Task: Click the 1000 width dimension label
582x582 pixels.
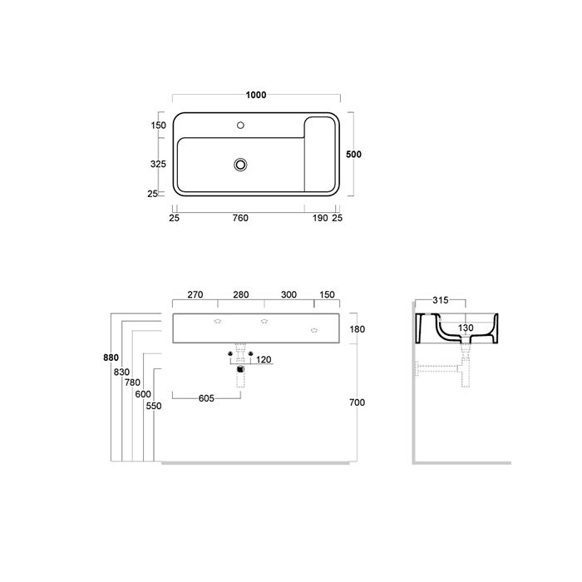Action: point(256,96)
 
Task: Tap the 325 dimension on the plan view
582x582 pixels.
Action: point(158,165)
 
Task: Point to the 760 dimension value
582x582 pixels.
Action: point(239,219)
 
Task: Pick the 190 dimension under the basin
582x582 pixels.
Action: point(319,219)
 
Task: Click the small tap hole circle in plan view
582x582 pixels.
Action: point(240,126)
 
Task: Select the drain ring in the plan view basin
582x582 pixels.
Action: point(240,165)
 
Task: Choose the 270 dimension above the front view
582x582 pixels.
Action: point(195,294)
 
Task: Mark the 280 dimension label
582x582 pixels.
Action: point(241,294)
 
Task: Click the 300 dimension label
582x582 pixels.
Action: point(289,294)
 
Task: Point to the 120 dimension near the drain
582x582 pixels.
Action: point(264,360)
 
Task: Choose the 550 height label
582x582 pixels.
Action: point(153,406)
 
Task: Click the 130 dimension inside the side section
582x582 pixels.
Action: point(466,329)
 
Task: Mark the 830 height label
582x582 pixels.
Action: point(121,372)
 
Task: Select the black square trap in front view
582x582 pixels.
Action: point(240,368)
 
